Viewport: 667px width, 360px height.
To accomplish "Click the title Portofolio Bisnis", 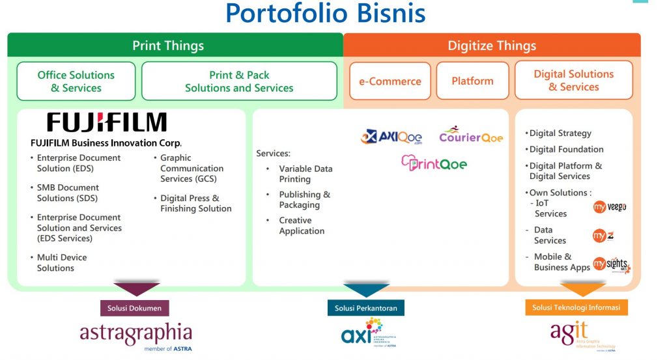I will point(325,13).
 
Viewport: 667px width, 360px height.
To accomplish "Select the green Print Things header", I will point(168,46).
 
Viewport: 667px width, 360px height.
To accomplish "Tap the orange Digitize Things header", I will point(492,46).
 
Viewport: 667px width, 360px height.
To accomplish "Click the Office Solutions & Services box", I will point(76,81).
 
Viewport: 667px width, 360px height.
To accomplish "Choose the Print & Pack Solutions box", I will point(239,81).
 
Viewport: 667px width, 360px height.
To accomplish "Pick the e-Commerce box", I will point(390,81).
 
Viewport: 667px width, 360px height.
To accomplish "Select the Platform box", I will point(472,81).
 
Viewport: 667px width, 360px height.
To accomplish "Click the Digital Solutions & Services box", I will point(574,81).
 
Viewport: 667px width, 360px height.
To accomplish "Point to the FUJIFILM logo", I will point(107,122).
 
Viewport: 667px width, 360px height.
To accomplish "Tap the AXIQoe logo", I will point(391,137).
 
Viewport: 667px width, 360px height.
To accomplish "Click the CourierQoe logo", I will point(471,135).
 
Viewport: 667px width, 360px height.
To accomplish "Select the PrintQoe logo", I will point(434,163).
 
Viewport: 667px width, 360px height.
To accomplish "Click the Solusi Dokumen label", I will point(135,307).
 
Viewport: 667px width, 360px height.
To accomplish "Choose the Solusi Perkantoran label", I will point(365,307).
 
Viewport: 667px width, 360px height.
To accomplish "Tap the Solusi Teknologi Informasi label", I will point(576,307).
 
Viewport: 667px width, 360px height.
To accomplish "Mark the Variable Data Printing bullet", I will point(305,174).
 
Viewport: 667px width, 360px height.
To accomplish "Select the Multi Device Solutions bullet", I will point(61,262).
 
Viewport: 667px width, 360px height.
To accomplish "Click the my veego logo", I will point(610,207).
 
